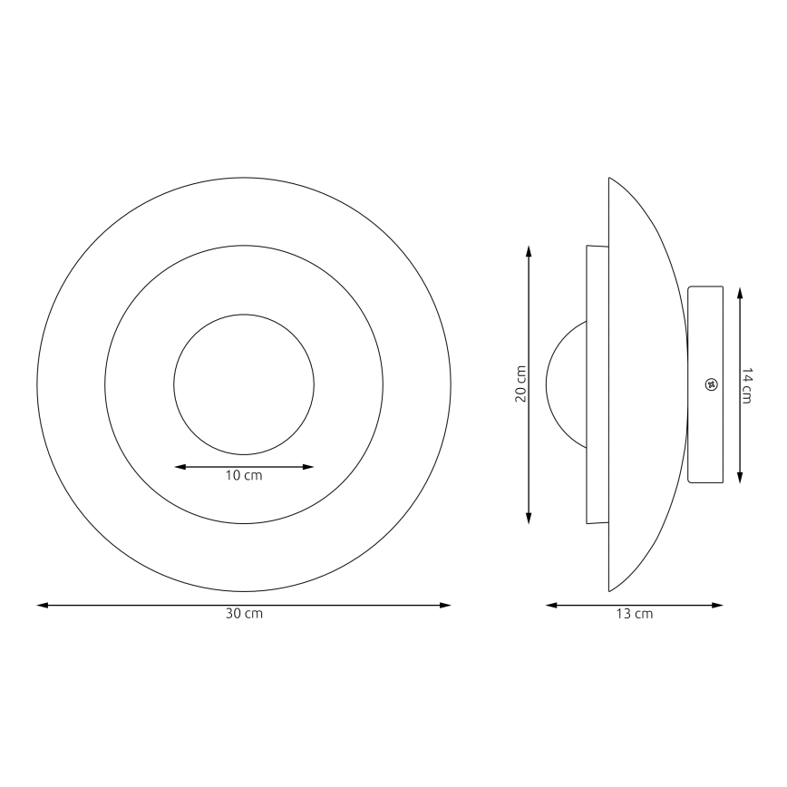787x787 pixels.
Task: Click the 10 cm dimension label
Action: tap(244, 476)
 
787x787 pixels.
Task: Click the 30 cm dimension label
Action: tap(244, 614)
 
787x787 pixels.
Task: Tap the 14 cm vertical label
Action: tap(747, 385)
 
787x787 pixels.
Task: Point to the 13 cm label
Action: tap(635, 614)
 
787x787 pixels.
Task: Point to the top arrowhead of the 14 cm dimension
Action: tap(741, 293)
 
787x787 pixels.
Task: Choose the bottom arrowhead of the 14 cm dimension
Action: tap(741, 478)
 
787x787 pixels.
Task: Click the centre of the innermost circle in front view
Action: tap(244, 384)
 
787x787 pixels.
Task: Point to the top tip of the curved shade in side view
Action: tap(609, 179)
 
